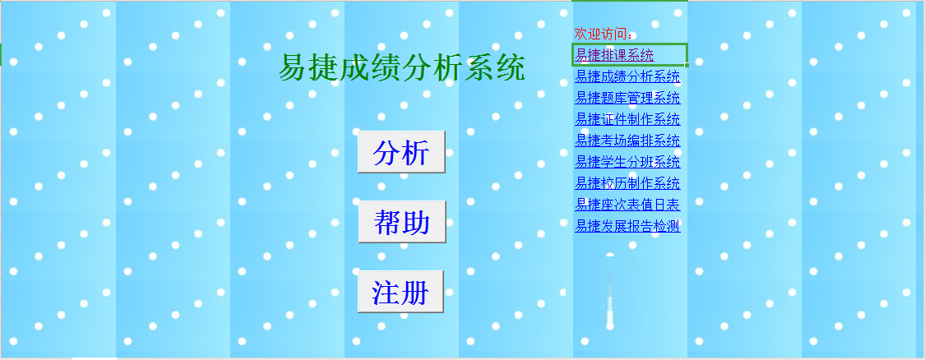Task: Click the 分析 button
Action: pos(401,152)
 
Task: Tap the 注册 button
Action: pos(400,292)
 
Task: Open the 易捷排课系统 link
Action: pos(614,55)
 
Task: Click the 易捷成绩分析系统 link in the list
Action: pos(627,76)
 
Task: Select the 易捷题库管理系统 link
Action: pos(627,98)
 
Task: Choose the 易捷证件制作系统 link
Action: pos(627,119)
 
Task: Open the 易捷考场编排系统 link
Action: pos(627,141)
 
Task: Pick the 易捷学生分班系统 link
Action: pos(627,162)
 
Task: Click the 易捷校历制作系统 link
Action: pos(627,183)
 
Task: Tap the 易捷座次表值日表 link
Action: pos(627,205)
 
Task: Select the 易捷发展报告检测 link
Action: pos(627,226)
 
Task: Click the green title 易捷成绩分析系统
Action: pos(402,68)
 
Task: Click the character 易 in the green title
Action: pos(294,68)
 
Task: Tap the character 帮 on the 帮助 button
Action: pos(387,223)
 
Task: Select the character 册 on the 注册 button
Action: pos(414,292)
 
